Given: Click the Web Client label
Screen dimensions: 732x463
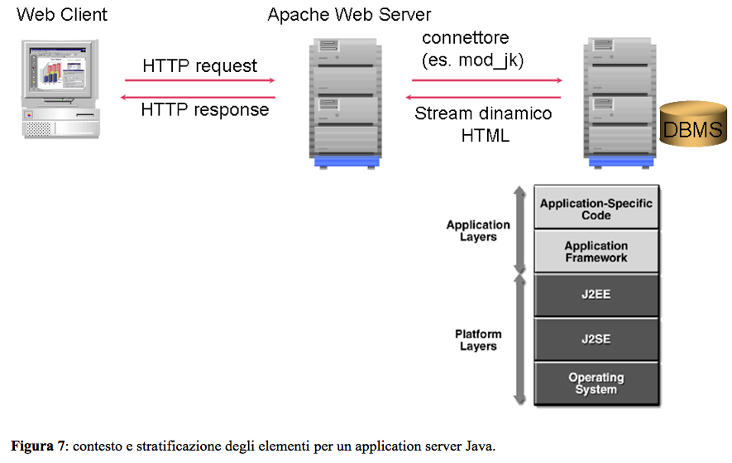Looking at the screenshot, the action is coord(62,15).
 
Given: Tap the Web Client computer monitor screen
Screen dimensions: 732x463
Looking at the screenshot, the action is coord(59,68).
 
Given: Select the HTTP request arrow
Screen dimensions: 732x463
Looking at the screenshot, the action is coord(200,80).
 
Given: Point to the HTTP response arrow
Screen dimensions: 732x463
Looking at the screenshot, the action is coord(198,97).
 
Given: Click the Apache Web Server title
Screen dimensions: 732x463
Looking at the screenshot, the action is coord(349,15).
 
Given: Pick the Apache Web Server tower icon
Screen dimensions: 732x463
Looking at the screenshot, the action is coord(346,104).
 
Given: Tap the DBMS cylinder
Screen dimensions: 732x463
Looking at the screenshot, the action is coord(693,124).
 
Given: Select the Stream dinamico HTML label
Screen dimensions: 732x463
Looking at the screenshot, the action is coord(484,124).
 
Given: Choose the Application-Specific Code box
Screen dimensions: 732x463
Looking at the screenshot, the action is coord(596,207).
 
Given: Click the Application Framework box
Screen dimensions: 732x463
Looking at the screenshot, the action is coord(596,251).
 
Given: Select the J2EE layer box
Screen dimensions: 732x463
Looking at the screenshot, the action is coord(596,295).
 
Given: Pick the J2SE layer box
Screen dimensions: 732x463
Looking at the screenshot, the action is coord(596,339).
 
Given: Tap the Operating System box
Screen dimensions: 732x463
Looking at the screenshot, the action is coord(596,383).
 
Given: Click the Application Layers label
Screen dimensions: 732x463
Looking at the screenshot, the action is coord(478,230).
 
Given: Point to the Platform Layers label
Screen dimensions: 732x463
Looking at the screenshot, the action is coord(478,340).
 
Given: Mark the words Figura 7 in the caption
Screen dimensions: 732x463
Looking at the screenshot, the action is coord(38,446).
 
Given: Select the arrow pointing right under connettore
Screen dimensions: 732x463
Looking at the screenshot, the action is coord(487,80).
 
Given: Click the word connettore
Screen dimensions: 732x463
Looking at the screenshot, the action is coord(466,38).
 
